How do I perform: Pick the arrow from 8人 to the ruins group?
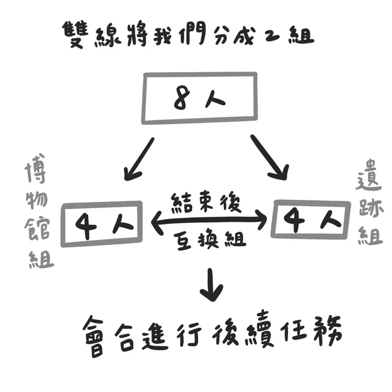[x=269, y=157]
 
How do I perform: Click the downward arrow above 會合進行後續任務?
[x=211, y=284]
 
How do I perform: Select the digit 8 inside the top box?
[x=181, y=99]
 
